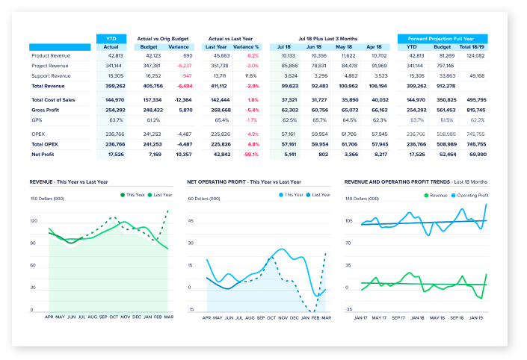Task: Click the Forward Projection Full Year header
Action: [443, 37]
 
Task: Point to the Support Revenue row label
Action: [51, 75]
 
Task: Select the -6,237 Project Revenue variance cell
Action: [180, 66]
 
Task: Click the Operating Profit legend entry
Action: [469, 194]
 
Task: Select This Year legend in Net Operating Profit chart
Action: [291, 194]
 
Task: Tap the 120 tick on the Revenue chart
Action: [34, 221]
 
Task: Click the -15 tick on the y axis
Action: [191, 309]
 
